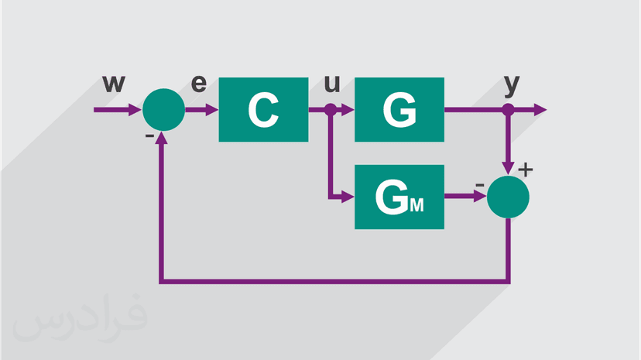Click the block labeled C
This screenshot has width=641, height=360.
coord(263,109)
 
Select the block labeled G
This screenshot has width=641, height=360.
coord(399,109)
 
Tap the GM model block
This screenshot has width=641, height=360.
coord(399,197)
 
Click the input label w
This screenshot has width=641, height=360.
coord(114,84)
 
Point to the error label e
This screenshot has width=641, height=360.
coord(199,84)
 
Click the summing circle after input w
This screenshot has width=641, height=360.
coord(164,109)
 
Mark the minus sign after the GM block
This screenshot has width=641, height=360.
coord(480,185)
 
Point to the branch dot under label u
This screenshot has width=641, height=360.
coord(331,110)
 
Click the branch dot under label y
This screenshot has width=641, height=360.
coord(508,110)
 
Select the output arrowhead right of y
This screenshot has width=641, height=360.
coord(540,110)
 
